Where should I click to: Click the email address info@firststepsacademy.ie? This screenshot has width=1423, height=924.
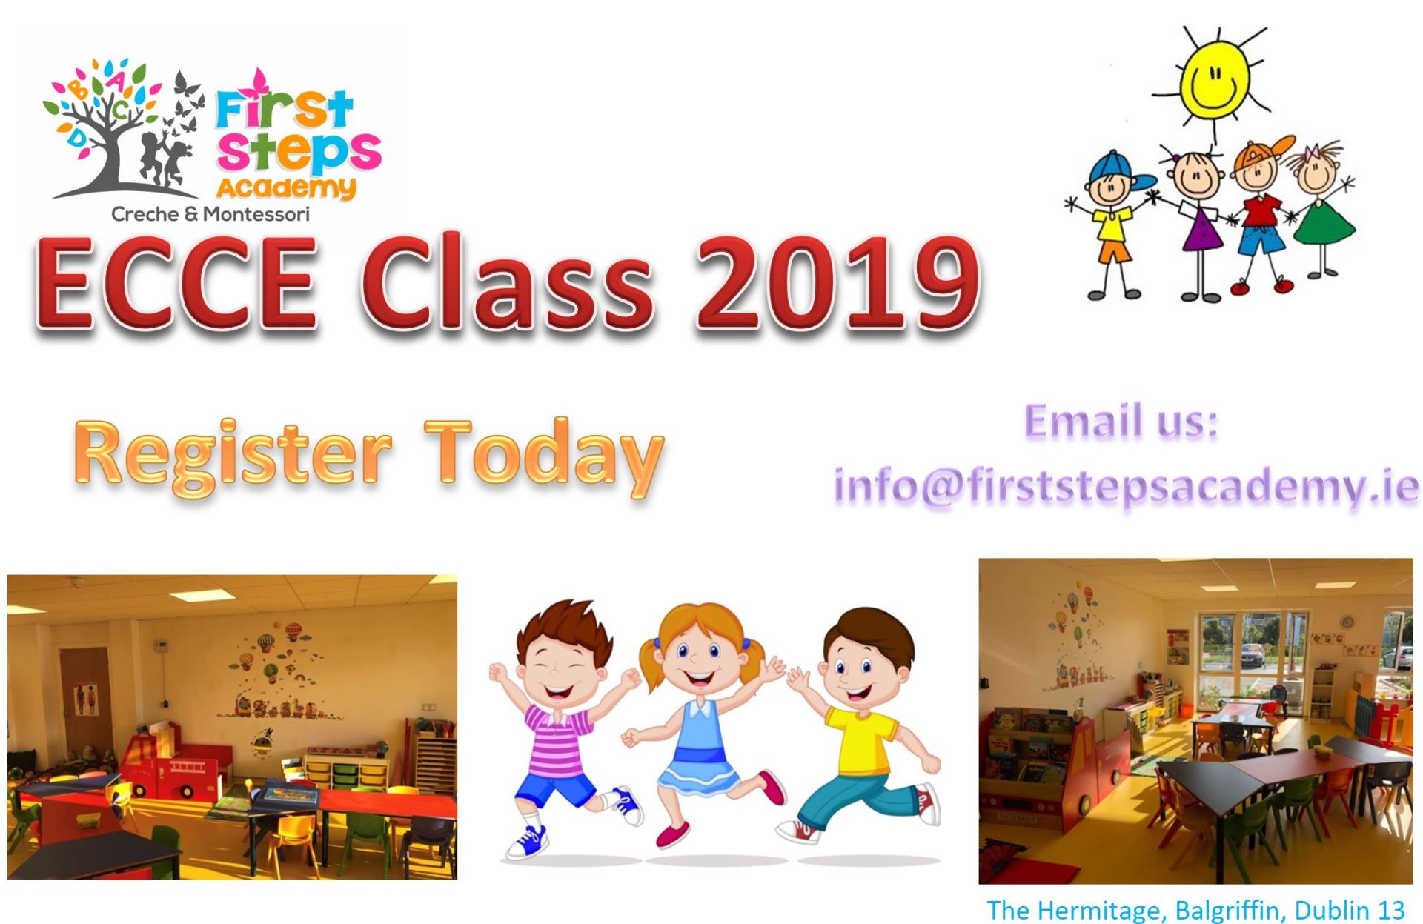tap(1126, 487)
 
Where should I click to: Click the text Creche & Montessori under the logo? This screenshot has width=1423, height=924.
tap(210, 215)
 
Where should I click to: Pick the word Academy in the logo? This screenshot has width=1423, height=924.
tap(286, 187)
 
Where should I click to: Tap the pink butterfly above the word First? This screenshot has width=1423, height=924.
tap(259, 83)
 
